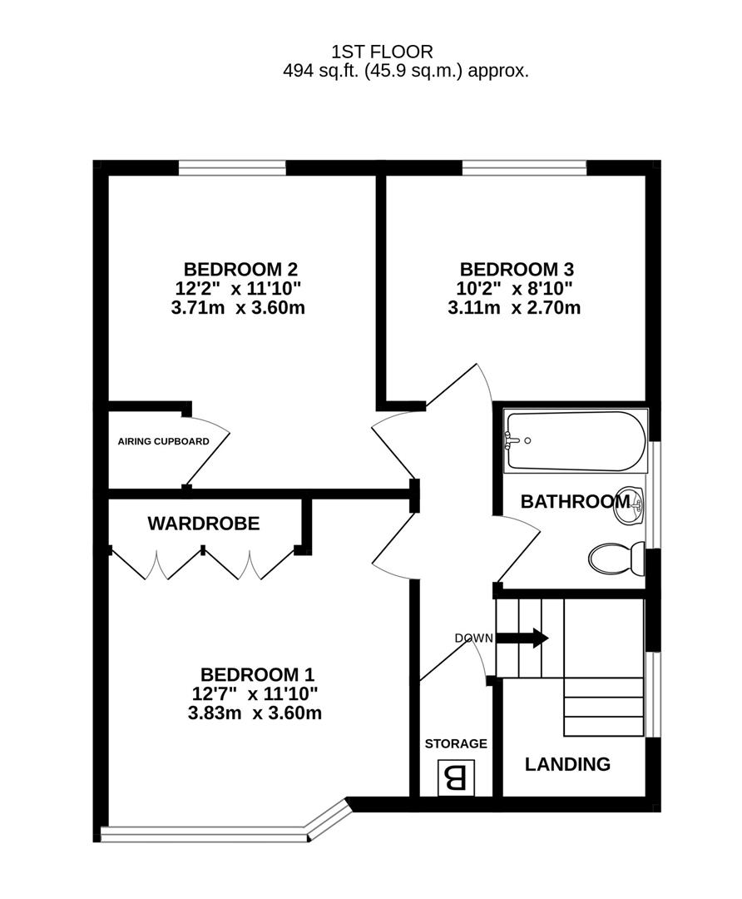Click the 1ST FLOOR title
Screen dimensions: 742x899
(x=382, y=52)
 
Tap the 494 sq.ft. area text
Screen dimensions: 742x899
(x=406, y=71)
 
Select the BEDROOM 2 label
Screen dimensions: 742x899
(x=240, y=269)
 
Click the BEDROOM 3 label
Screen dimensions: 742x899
(x=517, y=269)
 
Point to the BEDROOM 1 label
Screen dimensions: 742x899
(x=257, y=674)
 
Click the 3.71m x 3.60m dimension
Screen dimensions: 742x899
(x=238, y=308)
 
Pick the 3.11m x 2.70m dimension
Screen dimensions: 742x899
(x=514, y=308)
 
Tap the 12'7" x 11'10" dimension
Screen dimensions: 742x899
(x=255, y=693)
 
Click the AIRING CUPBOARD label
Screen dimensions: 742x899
(x=163, y=441)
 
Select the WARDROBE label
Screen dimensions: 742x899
(x=204, y=524)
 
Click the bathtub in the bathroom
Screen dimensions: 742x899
(x=576, y=441)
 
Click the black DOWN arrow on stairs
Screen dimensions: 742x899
(x=522, y=638)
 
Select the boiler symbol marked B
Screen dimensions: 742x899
(x=457, y=777)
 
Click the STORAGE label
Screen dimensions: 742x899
(x=456, y=743)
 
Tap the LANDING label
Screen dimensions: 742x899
(x=568, y=764)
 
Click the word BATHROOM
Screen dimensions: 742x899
(x=576, y=502)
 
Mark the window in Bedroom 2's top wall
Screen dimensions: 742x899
(x=232, y=167)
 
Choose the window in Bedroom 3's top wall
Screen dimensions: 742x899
(x=524, y=167)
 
